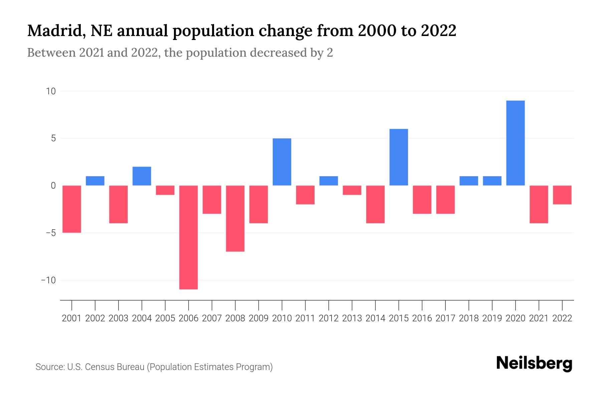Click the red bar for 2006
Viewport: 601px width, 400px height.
(188, 237)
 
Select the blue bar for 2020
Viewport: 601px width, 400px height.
(515, 143)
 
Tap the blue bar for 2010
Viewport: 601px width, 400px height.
(282, 162)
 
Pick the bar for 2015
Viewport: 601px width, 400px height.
(399, 157)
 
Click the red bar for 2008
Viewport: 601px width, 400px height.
(235, 218)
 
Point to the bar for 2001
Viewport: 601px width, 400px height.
(72, 209)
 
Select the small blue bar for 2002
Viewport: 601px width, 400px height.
(95, 181)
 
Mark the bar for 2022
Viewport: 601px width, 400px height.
(562, 195)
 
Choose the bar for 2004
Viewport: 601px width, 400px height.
(142, 176)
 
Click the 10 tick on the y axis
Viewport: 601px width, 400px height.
(51, 91)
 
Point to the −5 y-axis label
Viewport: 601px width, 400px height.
(48, 233)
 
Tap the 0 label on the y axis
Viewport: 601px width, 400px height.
(53, 186)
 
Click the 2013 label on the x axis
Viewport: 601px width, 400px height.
(352, 318)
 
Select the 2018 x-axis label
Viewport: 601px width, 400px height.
(468, 318)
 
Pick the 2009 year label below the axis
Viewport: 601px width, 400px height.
(258, 318)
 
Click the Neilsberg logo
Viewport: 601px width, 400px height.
(534, 363)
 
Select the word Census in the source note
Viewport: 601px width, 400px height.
(98, 367)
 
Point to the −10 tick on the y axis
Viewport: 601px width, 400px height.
(48, 280)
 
